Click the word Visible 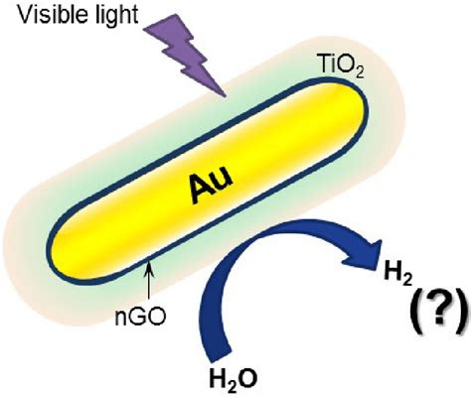(x=55, y=14)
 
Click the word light (x=117, y=16)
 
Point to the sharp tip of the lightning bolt (x=226, y=97)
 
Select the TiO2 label (x=340, y=66)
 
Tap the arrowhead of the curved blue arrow (x=364, y=255)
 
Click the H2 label (x=397, y=274)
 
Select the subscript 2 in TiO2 (x=360, y=73)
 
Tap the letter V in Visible (x=26, y=14)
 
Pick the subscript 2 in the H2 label (x=407, y=280)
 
